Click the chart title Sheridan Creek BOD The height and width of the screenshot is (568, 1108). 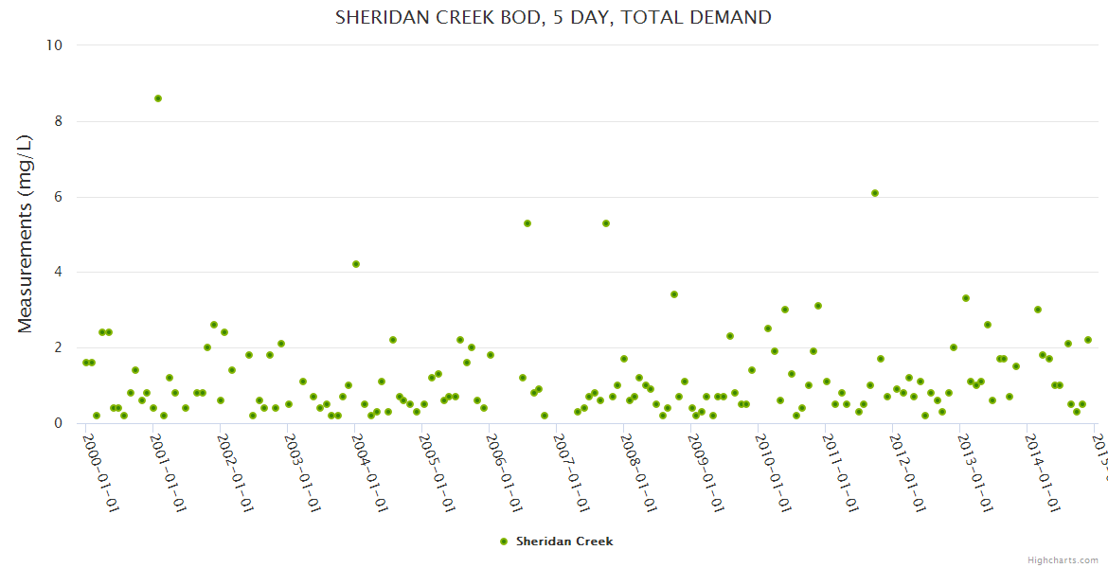[x=553, y=17]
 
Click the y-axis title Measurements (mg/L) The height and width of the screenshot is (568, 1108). [x=26, y=233]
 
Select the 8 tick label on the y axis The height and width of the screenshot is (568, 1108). [x=57, y=121]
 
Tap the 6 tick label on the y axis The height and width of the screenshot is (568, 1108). [x=57, y=197]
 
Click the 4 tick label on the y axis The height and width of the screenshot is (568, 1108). [x=57, y=273]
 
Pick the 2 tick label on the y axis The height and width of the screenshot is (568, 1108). [x=57, y=347]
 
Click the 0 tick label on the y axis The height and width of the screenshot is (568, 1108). [x=57, y=423]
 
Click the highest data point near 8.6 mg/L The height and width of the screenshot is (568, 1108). [x=158, y=98]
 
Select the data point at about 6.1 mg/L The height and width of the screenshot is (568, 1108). [x=875, y=193]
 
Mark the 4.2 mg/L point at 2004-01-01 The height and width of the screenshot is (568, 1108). [x=356, y=264]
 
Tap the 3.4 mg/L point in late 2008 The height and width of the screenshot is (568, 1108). [x=674, y=294]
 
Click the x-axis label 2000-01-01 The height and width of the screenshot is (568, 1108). [x=100, y=470]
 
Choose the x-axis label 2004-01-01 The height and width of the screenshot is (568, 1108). [x=369, y=470]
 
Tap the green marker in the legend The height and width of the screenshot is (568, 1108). [x=504, y=541]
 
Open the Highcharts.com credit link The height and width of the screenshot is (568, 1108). [x=1063, y=559]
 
